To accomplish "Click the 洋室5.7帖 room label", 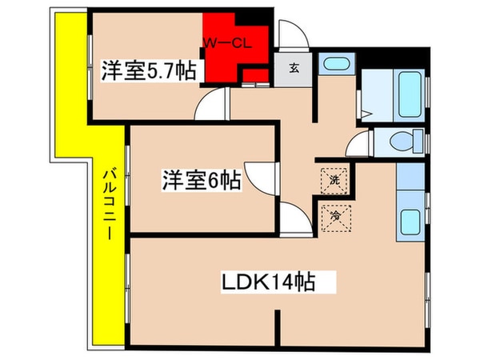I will (149, 71).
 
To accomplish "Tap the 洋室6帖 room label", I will (201, 180).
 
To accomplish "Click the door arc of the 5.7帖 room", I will (213, 104).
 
